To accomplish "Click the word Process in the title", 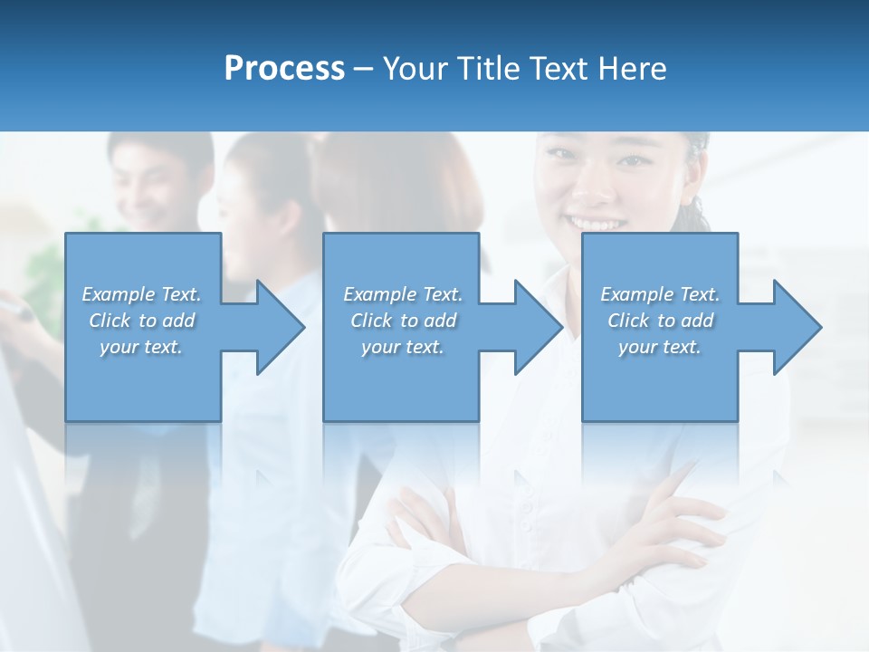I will [284, 69].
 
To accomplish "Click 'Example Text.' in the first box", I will [141, 294].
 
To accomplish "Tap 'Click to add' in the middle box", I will [403, 321].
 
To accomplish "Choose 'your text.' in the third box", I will [660, 347].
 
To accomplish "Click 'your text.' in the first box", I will [141, 347].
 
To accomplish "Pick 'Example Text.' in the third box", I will [660, 294].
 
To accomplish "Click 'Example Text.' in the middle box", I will [403, 294].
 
